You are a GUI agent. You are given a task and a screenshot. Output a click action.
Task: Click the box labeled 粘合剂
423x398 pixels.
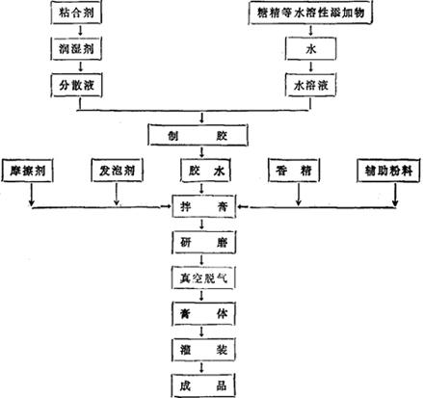tap(76, 13)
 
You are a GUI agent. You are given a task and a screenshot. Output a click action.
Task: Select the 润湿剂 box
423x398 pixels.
tap(76, 49)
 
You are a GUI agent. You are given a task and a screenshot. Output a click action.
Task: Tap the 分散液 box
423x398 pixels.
tap(76, 86)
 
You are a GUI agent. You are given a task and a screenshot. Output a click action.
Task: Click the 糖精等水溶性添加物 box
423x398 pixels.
tap(310, 13)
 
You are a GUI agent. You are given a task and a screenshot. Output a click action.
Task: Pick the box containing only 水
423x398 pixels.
tap(311, 49)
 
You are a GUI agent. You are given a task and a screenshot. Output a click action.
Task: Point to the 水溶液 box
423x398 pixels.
tap(311, 86)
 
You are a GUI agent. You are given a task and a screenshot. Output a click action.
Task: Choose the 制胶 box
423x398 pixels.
tap(198, 135)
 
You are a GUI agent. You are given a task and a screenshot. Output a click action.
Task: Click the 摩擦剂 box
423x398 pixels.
tap(27, 171)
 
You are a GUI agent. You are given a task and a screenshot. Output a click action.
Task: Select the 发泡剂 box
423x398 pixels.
tap(117, 171)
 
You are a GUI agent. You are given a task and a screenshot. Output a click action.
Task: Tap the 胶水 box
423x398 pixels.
tap(205, 171)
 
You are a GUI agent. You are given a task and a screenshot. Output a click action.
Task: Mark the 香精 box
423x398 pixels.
tap(294, 171)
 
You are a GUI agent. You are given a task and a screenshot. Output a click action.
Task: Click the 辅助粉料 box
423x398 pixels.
tap(388, 171)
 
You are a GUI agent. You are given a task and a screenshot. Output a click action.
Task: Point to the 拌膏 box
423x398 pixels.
tap(204, 206)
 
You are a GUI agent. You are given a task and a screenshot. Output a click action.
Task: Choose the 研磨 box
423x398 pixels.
tap(204, 243)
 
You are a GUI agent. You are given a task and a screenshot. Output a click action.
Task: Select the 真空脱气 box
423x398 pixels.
tap(203, 278)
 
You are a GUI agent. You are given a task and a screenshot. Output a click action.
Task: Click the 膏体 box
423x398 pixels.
tap(204, 313)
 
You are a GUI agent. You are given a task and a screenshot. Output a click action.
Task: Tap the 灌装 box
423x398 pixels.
tap(204, 350)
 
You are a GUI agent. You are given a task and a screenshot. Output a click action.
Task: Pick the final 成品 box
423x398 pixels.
tap(203, 385)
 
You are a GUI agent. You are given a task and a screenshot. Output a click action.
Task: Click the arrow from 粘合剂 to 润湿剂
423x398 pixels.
tap(80, 31)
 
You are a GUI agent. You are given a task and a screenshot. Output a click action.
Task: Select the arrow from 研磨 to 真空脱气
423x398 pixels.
tap(201, 260)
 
